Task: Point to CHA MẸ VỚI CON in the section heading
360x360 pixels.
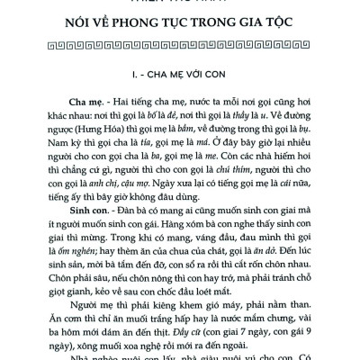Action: [x=196, y=76]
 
